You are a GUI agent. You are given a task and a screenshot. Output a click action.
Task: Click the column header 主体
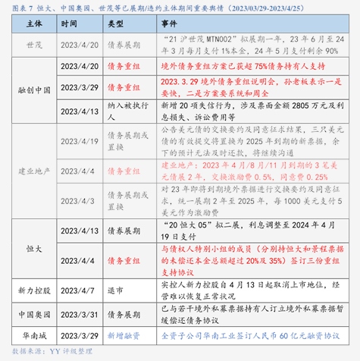[34, 24]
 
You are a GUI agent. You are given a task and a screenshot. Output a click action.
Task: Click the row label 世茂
[34, 45]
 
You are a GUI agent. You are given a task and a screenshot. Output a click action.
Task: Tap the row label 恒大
[34, 247]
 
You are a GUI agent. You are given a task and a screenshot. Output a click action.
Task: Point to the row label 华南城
[34, 334]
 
